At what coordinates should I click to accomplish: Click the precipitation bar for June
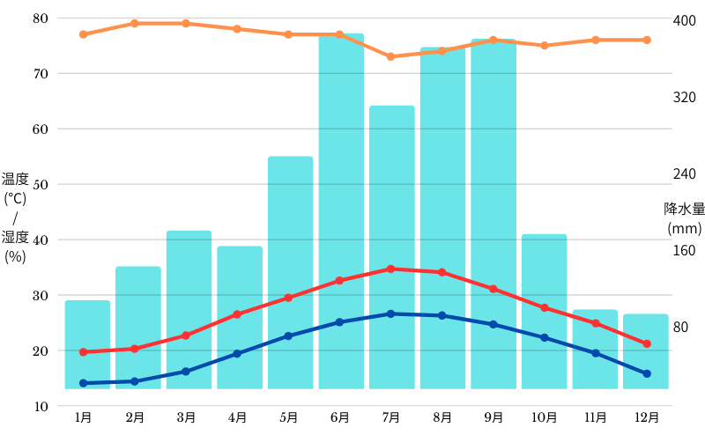point(341,211)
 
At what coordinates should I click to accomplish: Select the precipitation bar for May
point(290,273)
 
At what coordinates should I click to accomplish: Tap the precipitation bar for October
point(544,312)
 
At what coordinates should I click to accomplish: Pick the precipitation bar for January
point(87,344)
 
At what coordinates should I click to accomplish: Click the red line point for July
point(391,269)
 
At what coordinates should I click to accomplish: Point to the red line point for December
point(647,343)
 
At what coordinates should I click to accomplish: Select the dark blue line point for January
point(83,383)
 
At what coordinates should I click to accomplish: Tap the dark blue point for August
point(442,315)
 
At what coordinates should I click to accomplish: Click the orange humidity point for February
point(134,23)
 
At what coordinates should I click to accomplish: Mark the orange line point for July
point(391,56)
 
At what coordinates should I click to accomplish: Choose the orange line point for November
point(596,40)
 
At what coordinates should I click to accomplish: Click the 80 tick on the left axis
point(41,18)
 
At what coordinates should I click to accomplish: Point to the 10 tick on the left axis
point(41,406)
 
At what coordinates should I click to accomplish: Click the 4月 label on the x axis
point(236,417)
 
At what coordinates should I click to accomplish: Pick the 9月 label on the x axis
point(493,417)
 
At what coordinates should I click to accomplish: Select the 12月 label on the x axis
point(647,417)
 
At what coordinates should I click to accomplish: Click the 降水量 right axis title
point(684,209)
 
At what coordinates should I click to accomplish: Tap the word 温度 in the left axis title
point(15,180)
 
